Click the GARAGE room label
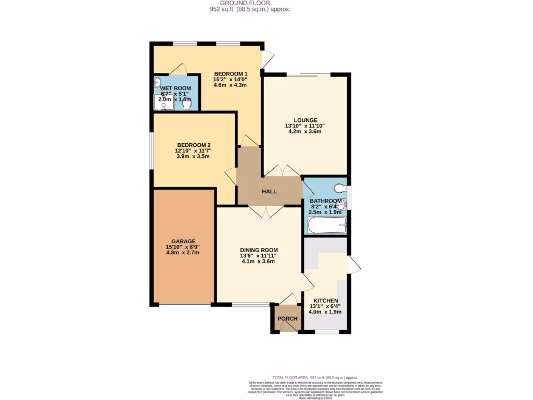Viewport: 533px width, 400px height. (184, 241)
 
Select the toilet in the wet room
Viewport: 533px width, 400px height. (187, 104)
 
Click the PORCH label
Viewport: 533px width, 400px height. (287, 319)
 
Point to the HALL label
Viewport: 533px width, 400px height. (269, 192)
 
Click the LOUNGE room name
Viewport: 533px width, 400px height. (305, 120)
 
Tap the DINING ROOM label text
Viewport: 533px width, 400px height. (259, 249)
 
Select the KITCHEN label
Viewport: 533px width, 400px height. (323, 301)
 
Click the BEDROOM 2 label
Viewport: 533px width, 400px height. (193, 145)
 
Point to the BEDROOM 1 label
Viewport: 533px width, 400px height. (231, 73)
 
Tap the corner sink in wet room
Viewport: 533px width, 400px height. (158, 82)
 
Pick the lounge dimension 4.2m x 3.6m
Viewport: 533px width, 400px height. (305, 132)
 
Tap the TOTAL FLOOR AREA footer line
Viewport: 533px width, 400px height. (315, 377)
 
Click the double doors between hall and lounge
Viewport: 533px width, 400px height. (282, 171)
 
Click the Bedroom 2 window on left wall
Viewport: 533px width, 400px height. (151, 151)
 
